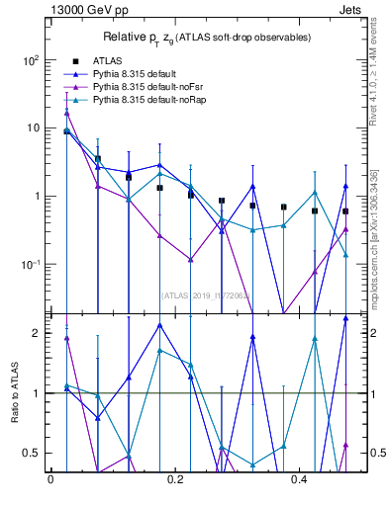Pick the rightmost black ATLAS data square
pos(345,211)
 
